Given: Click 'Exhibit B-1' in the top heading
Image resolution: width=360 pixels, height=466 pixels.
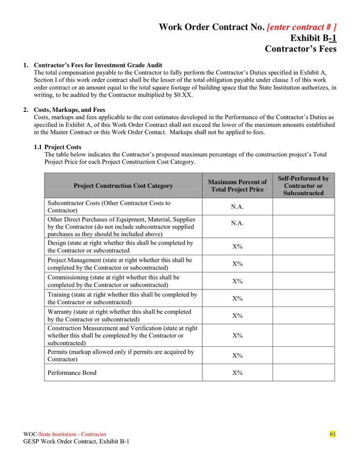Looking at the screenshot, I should coord(313,38).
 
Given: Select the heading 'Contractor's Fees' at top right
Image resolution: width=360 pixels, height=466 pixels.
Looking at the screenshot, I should coord(301,49).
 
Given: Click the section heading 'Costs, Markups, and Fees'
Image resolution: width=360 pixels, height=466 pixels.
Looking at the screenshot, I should coord(69,110).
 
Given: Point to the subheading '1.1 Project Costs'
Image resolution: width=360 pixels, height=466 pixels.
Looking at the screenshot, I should coord(57,147).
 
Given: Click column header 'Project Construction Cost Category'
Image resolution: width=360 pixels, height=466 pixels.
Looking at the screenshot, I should coord(123,185).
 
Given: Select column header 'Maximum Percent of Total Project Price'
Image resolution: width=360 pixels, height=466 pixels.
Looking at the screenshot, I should coord(237,185).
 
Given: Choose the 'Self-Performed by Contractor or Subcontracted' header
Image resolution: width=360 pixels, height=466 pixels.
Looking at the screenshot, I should coord(303,185).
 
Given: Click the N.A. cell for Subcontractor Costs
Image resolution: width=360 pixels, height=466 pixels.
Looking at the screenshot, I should coord(237,207).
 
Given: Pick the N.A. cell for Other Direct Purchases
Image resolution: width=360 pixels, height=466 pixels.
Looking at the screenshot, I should coord(237,223).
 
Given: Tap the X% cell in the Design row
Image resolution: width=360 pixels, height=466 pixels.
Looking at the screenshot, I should coord(237,246).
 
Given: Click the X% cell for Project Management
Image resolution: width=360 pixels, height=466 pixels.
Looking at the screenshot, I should coord(237,264).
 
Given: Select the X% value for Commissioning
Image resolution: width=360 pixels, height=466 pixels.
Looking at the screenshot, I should coord(237,281).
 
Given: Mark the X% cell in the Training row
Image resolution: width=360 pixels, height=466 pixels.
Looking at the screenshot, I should coord(237,298).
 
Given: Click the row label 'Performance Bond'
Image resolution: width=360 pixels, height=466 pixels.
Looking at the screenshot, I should coord(72,372).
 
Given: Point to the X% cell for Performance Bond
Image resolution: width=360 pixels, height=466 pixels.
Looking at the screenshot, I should coord(237,372).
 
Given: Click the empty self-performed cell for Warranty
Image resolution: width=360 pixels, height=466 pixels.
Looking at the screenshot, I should coord(303,315).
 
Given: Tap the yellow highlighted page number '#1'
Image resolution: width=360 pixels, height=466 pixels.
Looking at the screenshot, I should coord(333,434).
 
